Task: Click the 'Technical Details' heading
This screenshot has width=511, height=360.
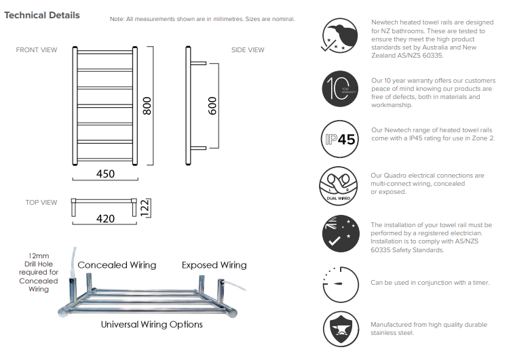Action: (42, 15)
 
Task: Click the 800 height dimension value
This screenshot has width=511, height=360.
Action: (147, 105)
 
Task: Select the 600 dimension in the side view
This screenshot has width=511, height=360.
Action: (212, 105)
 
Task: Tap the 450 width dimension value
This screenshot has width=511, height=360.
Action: (105, 174)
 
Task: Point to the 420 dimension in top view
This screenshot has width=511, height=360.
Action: (105, 218)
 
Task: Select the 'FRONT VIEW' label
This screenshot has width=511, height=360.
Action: (37, 50)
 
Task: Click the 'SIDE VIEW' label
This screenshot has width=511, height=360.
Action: (248, 50)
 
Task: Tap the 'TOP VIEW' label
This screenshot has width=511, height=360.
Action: (41, 203)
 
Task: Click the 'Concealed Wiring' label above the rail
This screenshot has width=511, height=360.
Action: (117, 265)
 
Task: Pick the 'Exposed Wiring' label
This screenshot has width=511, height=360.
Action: (214, 265)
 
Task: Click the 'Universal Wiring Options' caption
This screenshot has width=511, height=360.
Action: (152, 325)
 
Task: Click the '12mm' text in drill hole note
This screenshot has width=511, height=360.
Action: (34, 256)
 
